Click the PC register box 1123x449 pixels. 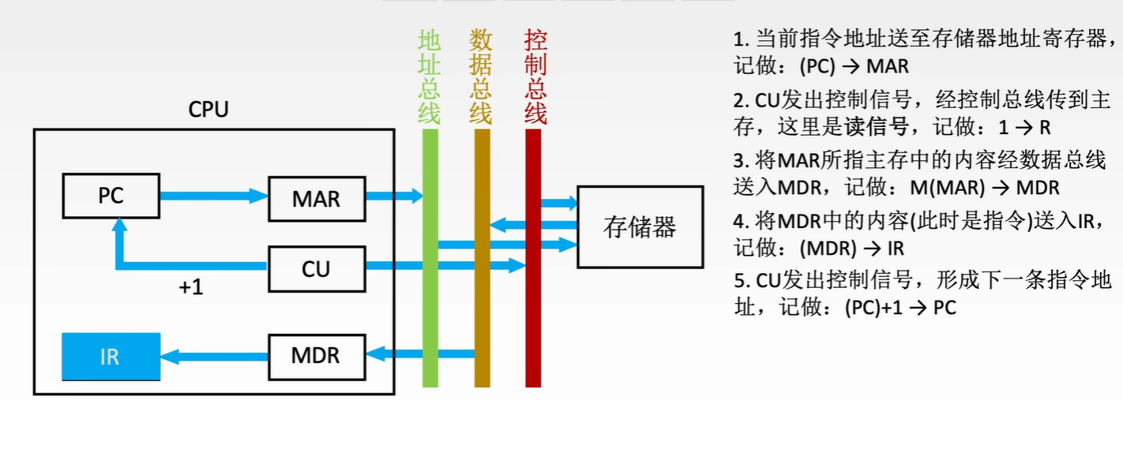point(111,196)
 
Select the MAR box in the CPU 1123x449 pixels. point(316,199)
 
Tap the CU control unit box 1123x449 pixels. point(316,269)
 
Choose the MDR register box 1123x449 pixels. point(316,356)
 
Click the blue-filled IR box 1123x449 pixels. point(111,357)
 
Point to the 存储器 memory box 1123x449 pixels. point(640,227)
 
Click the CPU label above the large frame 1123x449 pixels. point(208,110)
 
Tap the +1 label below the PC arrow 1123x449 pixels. point(191,288)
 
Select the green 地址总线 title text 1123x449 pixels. point(430,77)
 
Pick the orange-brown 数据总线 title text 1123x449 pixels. point(481,77)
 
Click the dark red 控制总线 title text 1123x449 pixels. point(535,77)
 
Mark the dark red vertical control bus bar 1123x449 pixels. point(533,331)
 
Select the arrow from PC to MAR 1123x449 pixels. point(213,196)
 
